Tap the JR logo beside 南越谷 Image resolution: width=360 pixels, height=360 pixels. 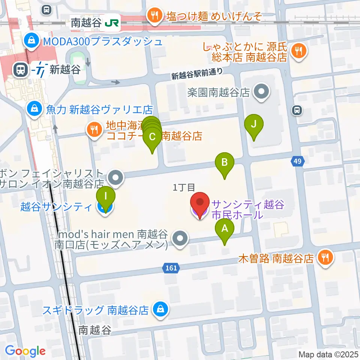click(112, 23)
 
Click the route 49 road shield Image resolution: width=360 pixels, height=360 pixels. click(297, 161)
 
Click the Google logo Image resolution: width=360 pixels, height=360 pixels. click(25, 351)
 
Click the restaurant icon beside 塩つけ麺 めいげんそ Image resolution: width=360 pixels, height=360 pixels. click(153, 16)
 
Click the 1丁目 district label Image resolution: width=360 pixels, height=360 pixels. click(184, 187)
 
